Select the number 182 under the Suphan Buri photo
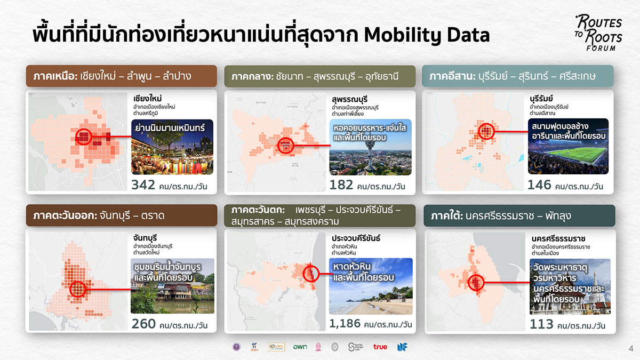341,185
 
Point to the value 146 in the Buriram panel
539,185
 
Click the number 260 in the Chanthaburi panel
144,323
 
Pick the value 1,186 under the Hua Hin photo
345,323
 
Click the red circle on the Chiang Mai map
83,137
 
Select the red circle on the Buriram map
486,130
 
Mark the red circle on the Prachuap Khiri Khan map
310,273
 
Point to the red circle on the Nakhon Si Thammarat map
475,282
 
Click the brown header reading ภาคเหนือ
122,76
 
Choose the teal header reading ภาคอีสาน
517,76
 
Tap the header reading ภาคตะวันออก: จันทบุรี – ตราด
122,215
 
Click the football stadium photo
568,146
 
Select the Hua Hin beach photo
371,286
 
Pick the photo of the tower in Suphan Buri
371,147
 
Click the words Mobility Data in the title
427,35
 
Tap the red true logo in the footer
380,347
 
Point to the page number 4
631,349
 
